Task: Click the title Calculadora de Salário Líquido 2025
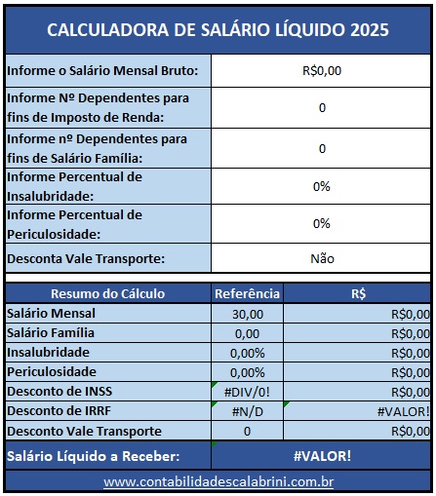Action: [x=218, y=29]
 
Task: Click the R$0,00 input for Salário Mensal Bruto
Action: [x=322, y=71]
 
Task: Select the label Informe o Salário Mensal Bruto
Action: [x=102, y=71]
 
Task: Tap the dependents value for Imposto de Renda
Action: [x=322, y=108]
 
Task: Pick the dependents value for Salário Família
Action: [x=322, y=148]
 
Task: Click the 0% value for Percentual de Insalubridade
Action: [x=322, y=186]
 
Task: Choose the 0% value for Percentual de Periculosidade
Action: [x=322, y=223]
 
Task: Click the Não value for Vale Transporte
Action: [x=322, y=259]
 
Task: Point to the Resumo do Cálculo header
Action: [x=107, y=293]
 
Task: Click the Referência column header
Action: [x=247, y=293]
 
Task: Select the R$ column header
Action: [x=358, y=293]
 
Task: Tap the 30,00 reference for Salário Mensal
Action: [x=247, y=314]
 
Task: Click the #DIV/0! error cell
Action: [x=247, y=392]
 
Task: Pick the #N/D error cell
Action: [x=247, y=411]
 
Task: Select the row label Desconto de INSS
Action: [x=59, y=392]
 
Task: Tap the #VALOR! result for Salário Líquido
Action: [x=322, y=456]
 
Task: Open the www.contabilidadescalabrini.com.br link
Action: [x=218, y=482]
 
